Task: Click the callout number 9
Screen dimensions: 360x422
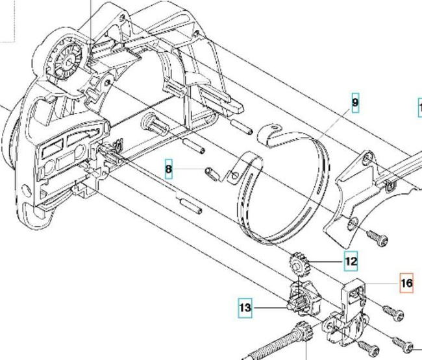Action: tap(355, 103)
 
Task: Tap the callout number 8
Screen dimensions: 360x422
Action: tap(169, 171)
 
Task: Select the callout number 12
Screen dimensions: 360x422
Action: tap(351, 261)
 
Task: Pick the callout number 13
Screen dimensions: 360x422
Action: tap(245, 308)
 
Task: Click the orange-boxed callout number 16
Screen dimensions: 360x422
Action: tap(406, 283)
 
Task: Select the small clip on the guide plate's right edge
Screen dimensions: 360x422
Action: tap(390, 187)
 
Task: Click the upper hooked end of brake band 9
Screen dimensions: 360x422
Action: tap(266, 132)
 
